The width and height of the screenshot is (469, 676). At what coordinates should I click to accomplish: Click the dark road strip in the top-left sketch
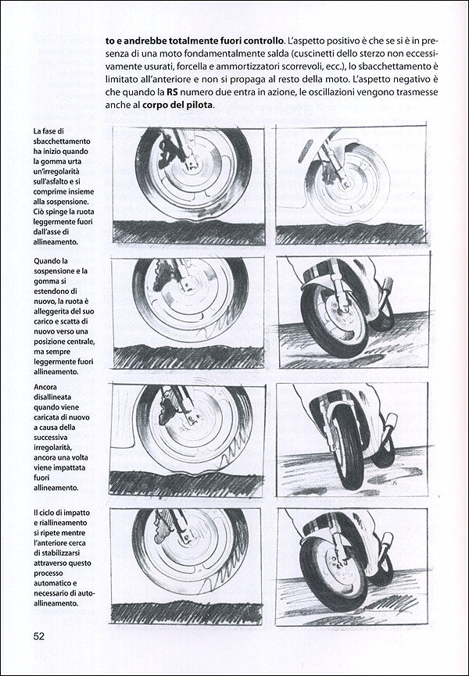point(188,231)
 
